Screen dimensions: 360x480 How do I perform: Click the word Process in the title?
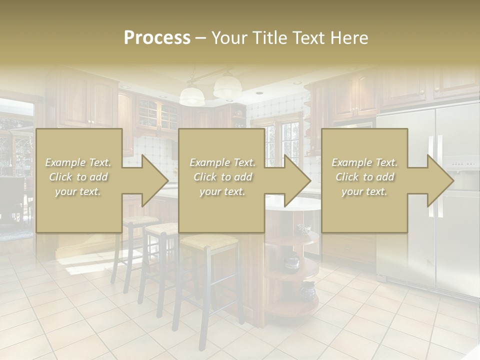point(157,38)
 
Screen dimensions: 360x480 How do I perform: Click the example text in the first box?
point(78,177)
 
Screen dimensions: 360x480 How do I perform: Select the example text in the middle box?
point(222,177)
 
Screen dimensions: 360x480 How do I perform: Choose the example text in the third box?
point(364,177)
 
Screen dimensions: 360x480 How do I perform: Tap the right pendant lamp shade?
point(227,86)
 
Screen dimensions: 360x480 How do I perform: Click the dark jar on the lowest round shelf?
point(307,288)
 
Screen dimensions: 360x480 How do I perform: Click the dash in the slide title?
point(200,38)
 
